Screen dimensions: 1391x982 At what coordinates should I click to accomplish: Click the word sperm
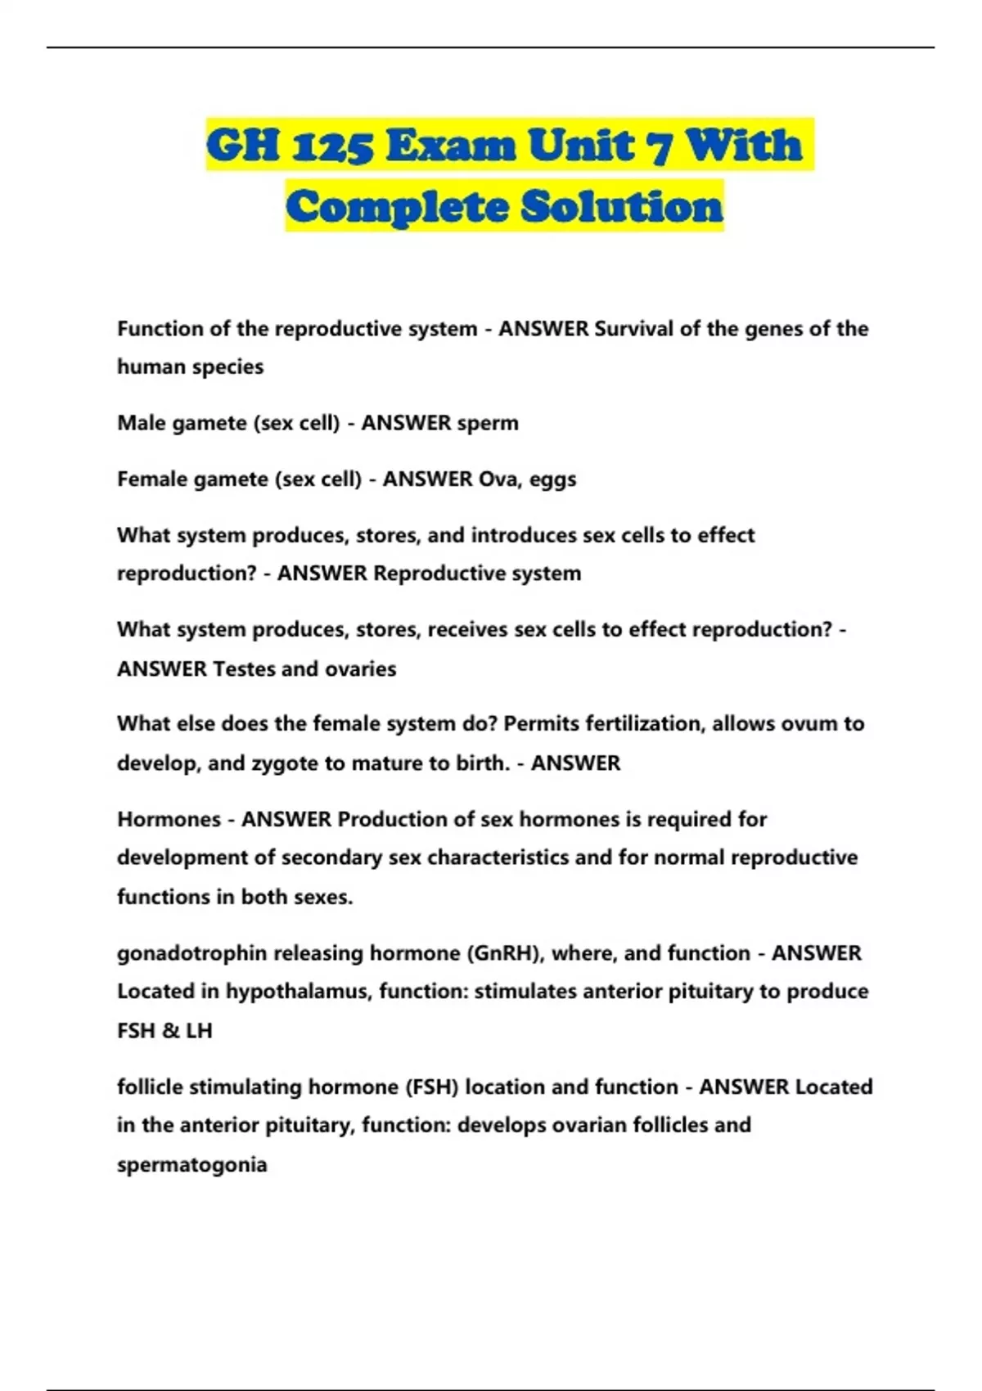coord(488,423)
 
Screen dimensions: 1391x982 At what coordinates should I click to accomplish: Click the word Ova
coord(498,479)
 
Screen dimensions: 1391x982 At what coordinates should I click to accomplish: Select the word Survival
coord(634,329)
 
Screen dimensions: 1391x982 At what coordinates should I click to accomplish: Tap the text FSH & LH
coord(164,1030)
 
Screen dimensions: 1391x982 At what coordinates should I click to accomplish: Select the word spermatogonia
coord(191,1164)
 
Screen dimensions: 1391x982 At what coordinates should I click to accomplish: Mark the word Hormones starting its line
coord(169,819)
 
